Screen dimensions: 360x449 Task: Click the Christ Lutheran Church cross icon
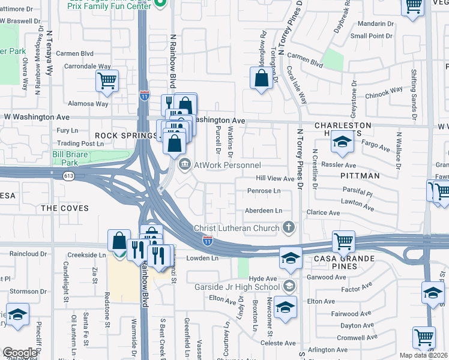(x=289, y=227)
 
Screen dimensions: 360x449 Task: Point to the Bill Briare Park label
(x=65, y=158)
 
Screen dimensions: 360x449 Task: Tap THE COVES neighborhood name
(x=64, y=208)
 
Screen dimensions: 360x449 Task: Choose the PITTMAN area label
(x=360, y=176)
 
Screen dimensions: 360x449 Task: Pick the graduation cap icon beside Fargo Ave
(x=343, y=143)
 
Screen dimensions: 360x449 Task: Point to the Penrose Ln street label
(x=264, y=191)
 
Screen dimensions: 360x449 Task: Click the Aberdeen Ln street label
(x=263, y=211)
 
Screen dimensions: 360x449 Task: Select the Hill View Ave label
(x=275, y=178)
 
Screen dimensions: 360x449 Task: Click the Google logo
(x=20, y=353)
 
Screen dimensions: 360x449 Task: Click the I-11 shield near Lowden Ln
(x=207, y=240)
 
